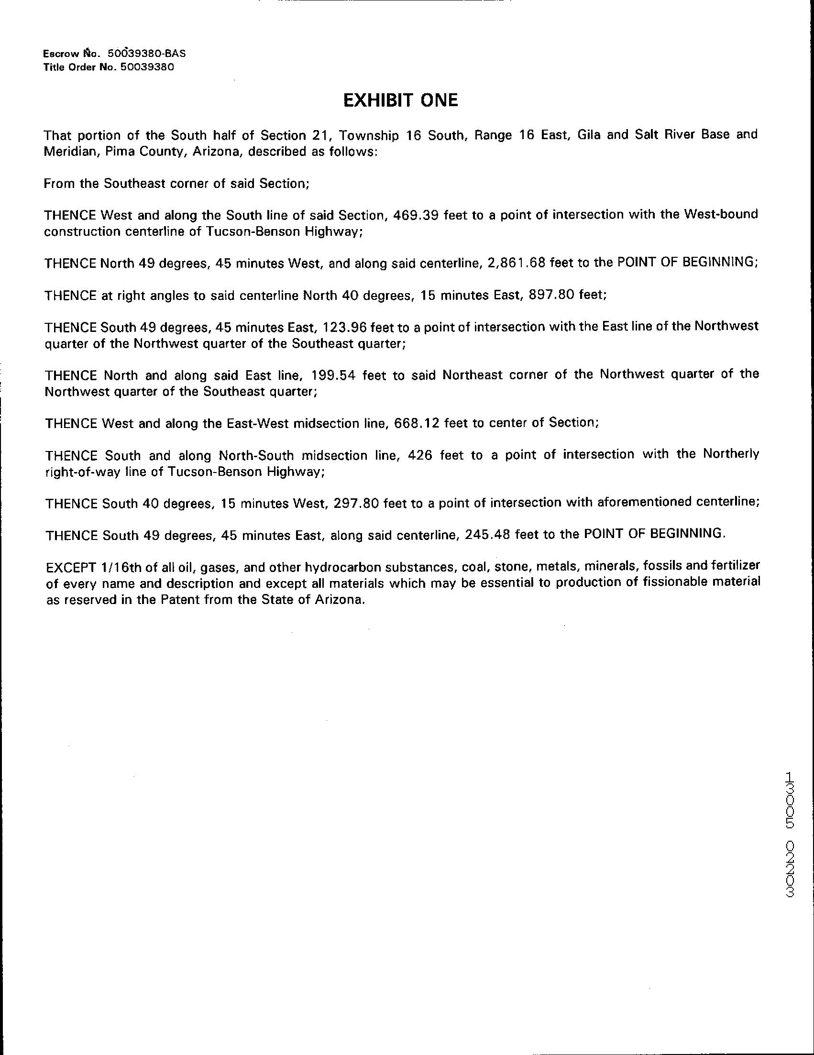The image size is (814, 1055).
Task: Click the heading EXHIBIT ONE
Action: pyautogui.click(x=400, y=100)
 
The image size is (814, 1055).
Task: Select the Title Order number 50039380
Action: pyautogui.click(x=147, y=67)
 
